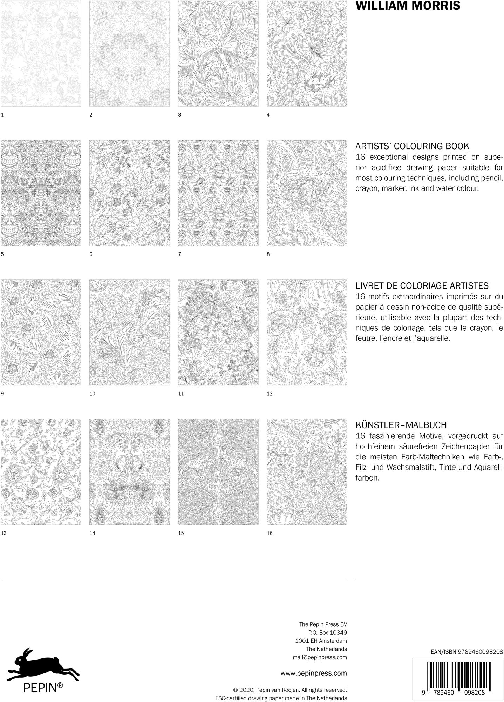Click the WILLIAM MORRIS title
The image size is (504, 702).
click(408, 6)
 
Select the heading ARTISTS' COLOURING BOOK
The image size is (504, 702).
click(413, 146)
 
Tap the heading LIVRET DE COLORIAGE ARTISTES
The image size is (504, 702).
click(422, 285)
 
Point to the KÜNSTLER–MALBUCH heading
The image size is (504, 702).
click(401, 425)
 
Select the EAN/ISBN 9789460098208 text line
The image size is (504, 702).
click(467, 651)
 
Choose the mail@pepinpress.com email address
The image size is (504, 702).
click(320, 657)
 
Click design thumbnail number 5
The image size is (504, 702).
click(41, 193)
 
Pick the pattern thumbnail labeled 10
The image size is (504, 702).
click(130, 332)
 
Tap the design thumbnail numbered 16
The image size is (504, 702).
click(307, 472)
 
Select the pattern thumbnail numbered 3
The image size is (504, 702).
click(218, 53)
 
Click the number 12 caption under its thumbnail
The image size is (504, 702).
click(270, 394)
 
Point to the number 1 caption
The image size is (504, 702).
click(2, 115)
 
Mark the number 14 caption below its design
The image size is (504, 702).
click(93, 533)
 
